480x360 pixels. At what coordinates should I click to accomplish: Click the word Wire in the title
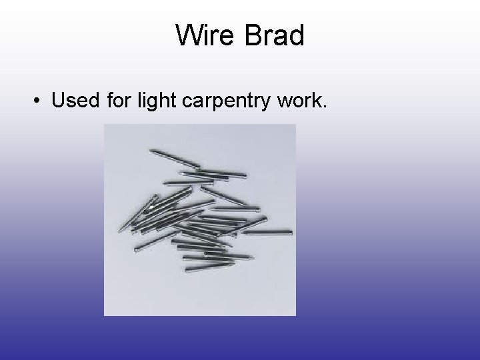[x=206, y=35]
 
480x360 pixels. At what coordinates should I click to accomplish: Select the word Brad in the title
[x=275, y=35]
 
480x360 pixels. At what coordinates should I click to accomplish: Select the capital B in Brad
[x=254, y=35]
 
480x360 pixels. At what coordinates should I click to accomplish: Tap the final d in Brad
[x=296, y=35]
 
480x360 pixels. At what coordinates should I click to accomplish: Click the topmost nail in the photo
[x=175, y=158]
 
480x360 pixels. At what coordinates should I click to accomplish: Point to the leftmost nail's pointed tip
[x=121, y=230]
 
